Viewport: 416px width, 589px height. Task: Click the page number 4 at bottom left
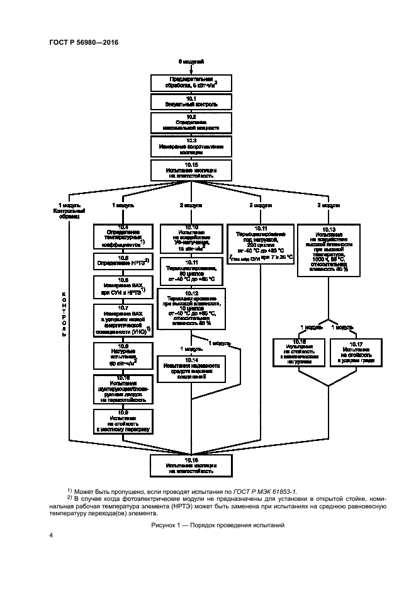pos(51,535)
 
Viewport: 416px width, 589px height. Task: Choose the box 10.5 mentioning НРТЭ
pos(122,261)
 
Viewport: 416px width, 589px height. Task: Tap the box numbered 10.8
pos(122,357)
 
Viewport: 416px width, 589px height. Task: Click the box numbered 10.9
pos(122,420)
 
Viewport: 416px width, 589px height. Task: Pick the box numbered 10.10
pos(191,237)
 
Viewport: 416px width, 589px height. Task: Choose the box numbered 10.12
pos(191,307)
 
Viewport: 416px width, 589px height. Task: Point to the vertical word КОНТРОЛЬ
pos(64,304)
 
